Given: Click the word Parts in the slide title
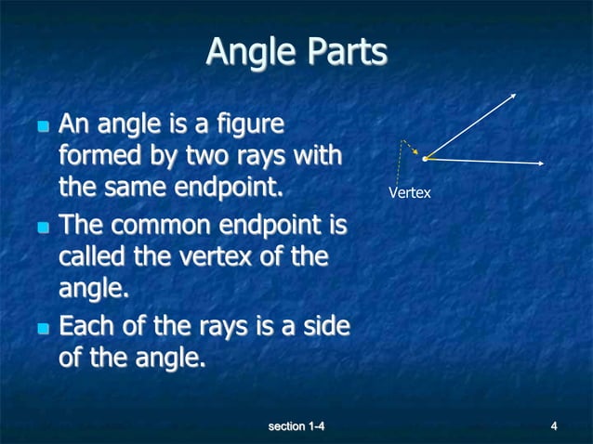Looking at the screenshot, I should [x=341, y=52].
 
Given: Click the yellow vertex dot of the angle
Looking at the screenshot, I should [x=425, y=159].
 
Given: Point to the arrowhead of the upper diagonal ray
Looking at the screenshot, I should [x=514, y=95].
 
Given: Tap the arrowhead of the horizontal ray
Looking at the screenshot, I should [x=540, y=163].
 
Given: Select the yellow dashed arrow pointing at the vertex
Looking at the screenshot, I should [x=410, y=147].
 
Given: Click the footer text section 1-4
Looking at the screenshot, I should [x=296, y=426].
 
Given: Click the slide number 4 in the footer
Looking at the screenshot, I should [x=554, y=426].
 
